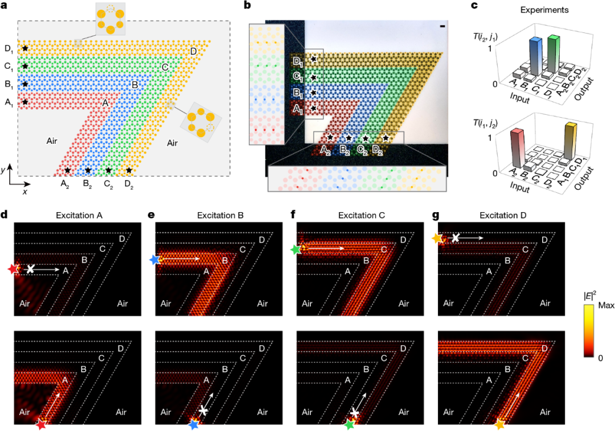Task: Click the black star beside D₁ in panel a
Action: pyautogui.click(x=25, y=48)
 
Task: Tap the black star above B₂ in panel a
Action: pyautogui.click(x=88, y=170)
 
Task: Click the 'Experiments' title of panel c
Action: pyautogui.click(x=544, y=10)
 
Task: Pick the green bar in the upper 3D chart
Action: pyautogui.click(x=553, y=53)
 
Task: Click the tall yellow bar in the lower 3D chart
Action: pyautogui.click(x=570, y=142)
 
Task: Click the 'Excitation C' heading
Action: pyautogui.click(x=361, y=215)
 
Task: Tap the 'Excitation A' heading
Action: pyautogui.click(x=79, y=215)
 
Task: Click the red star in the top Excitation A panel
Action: pyautogui.click(x=14, y=270)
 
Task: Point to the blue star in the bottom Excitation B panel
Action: pyautogui.click(x=194, y=424)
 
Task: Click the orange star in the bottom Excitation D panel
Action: pyautogui.click(x=500, y=424)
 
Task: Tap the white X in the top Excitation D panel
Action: pyautogui.click(x=455, y=238)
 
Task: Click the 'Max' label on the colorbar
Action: pyautogui.click(x=606, y=305)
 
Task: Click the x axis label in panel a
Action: pyautogui.click(x=25, y=192)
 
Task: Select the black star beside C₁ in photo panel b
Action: pyautogui.click(x=313, y=77)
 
